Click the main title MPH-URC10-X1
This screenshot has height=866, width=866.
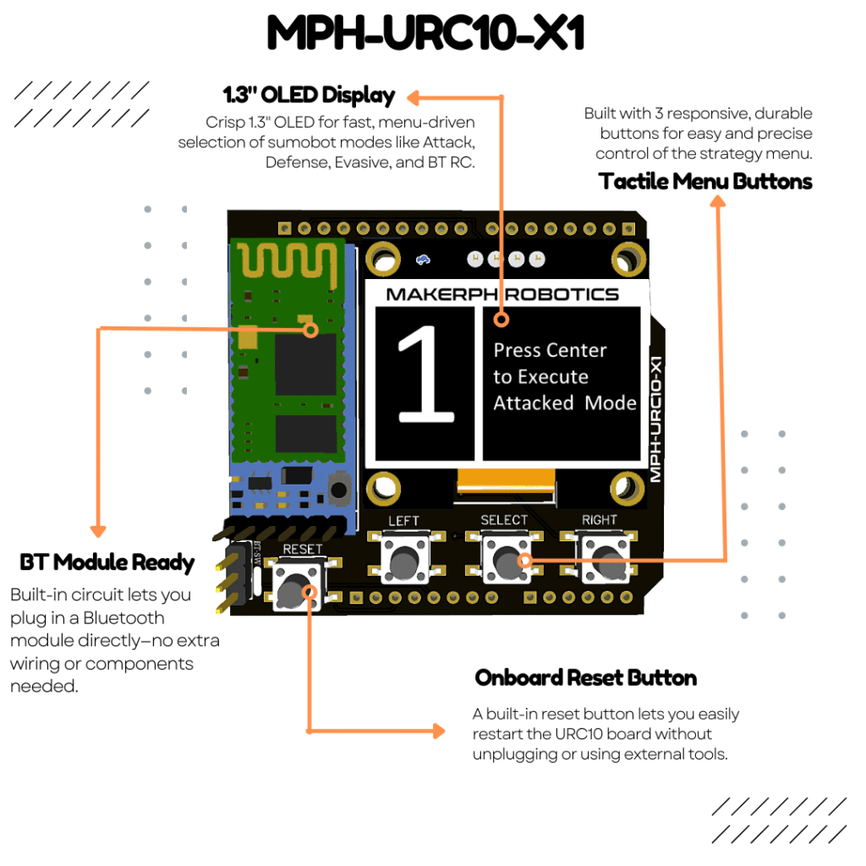pos(425,35)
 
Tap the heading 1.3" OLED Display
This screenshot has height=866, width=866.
pos(308,94)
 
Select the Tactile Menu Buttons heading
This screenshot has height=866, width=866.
pos(705,181)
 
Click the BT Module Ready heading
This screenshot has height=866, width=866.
pos(107,562)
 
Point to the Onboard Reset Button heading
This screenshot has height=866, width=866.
pos(585,677)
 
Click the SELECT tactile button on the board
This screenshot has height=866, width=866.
pos(506,559)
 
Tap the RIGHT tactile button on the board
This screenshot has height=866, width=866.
pos(605,559)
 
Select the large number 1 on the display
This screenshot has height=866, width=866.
pos(425,375)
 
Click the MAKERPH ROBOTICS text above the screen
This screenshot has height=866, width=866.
pos(502,294)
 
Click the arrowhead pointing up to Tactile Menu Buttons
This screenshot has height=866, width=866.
pos(717,201)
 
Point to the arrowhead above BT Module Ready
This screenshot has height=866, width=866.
pos(98,529)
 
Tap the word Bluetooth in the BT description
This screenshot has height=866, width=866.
pos(123,617)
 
